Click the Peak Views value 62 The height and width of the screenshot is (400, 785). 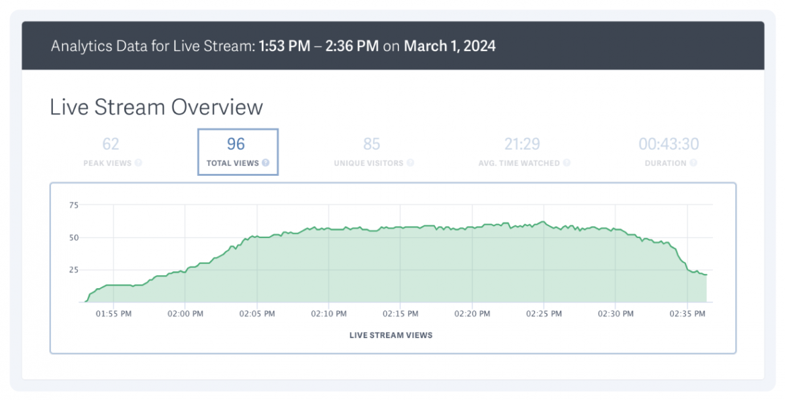pos(111,144)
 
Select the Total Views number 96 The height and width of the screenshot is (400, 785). pos(235,144)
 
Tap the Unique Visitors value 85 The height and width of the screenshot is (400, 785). pos(372,144)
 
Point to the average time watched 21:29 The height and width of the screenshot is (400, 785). pos(522,144)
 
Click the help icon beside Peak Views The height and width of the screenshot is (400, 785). pos(139,163)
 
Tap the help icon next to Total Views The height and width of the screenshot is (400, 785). pos(266,163)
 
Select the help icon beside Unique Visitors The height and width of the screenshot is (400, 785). pos(410,163)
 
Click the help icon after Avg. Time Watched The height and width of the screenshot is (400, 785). pos(567,163)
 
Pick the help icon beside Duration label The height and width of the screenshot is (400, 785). pos(693,163)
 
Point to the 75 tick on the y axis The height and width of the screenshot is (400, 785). pos(73,205)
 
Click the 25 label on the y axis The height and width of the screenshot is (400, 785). pos(73,270)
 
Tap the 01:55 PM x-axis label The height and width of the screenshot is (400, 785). pos(113,314)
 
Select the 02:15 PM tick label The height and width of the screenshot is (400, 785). pos(400,314)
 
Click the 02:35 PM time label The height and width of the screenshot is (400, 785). pos(688,314)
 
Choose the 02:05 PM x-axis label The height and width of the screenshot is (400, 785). pos(257,314)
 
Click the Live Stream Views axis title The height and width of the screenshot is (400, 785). pos(391,335)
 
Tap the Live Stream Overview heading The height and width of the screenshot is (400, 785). pos(156,107)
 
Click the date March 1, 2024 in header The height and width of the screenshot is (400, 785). pos(449,46)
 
